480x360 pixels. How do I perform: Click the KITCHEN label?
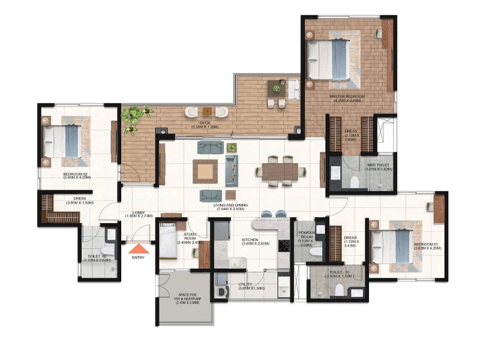click(x=250, y=242)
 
